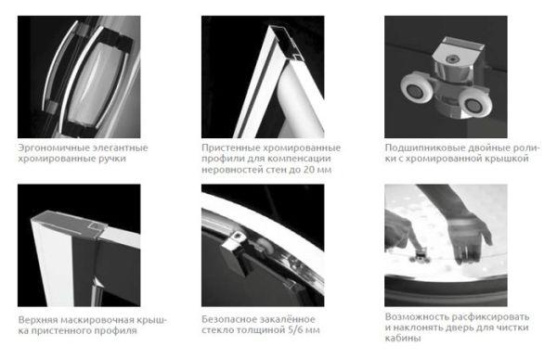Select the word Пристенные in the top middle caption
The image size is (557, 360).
tap(228, 147)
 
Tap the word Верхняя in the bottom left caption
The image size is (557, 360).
tap(39, 318)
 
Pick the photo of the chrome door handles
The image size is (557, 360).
tap(78, 75)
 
